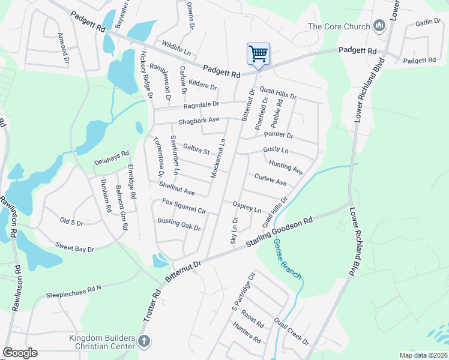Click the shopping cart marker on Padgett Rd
coord(258,54)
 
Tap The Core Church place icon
coord(379,26)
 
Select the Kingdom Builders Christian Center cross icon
coord(143,341)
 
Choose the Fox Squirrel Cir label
coord(184,206)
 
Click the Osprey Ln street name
coord(247,207)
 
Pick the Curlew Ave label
coord(270,179)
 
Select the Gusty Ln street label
coord(276,149)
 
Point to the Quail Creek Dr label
coord(291,332)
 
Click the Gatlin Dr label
coord(427,23)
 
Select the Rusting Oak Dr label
coord(179,224)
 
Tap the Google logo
coord(20,353)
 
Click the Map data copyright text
coord(423,355)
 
